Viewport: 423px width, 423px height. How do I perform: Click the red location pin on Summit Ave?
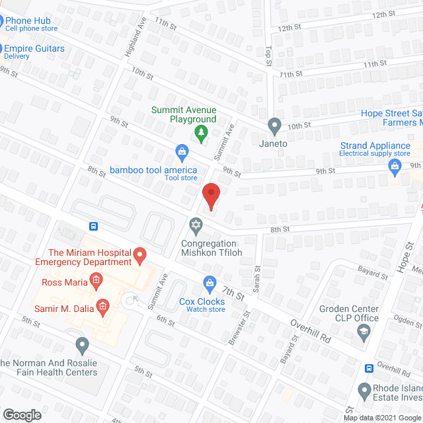[x=210, y=196]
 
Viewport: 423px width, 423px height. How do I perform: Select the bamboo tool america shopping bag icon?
[x=181, y=153]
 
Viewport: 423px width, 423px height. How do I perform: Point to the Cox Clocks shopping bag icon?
[x=210, y=284]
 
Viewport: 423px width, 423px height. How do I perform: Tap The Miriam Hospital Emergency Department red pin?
[x=139, y=254]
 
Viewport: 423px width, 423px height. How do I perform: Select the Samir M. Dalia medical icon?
[x=102, y=305]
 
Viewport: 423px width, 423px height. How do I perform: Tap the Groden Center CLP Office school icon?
[x=362, y=334]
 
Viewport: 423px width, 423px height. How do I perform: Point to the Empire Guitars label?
[x=34, y=48]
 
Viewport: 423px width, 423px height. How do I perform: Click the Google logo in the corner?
[x=21, y=414]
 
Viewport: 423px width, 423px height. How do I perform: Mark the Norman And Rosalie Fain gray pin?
[x=82, y=344]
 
